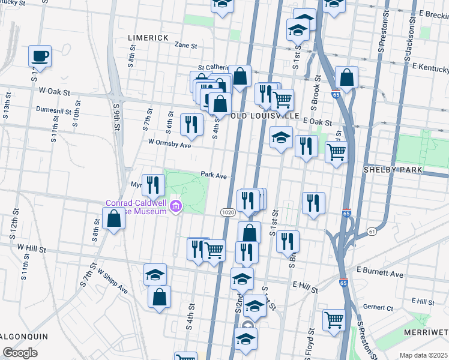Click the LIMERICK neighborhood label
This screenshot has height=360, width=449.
coord(148,38)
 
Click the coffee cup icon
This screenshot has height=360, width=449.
coord(40,56)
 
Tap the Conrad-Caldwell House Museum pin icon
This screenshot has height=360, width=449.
coord(175,207)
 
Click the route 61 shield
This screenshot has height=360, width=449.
coord(372,231)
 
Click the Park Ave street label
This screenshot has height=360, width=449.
coord(213,176)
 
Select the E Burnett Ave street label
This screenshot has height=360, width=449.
coord(381,273)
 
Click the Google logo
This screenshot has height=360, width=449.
coord(20,353)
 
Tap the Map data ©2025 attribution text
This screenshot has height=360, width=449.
coord(423,355)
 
